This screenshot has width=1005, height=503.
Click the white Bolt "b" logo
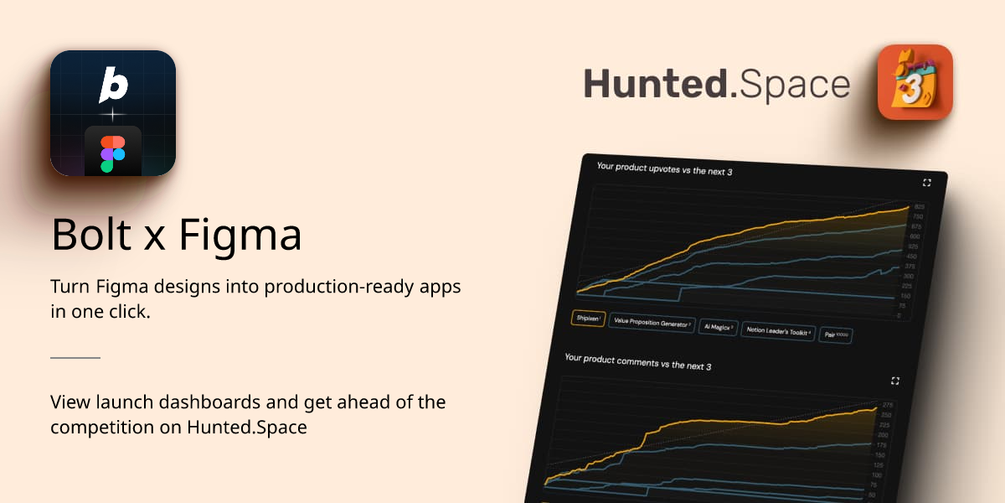(x=113, y=85)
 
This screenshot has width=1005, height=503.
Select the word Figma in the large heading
(x=240, y=236)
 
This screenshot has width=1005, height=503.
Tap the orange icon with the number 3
(x=915, y=82)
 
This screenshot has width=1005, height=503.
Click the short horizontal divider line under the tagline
(x=75, y=357)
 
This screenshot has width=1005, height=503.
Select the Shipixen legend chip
(x=588, y=319)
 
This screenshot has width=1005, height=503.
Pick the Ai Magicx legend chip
(x=719, y=328)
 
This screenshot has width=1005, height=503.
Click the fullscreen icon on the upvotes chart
(x=927, y=182)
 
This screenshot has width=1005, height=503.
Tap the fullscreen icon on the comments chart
(x=895, y=381)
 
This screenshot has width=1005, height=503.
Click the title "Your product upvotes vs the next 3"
(x=665, y=170)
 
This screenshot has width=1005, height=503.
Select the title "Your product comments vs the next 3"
(x=638, y=362)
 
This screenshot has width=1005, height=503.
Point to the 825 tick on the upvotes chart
(x=919, y=207)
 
